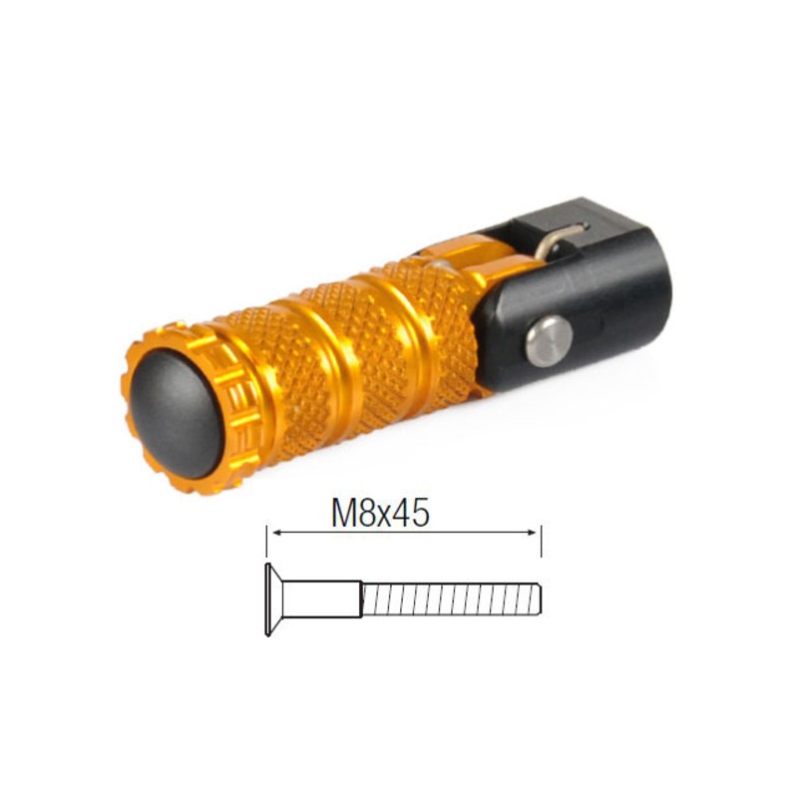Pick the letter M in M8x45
pos(345,513)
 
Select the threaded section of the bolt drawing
pos(449,598)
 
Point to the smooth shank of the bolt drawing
pos(321,598)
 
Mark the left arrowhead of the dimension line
pos(272,534)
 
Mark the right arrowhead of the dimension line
pos(536,534)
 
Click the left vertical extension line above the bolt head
pos(266,544)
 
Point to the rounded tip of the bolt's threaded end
pos(539,598)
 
